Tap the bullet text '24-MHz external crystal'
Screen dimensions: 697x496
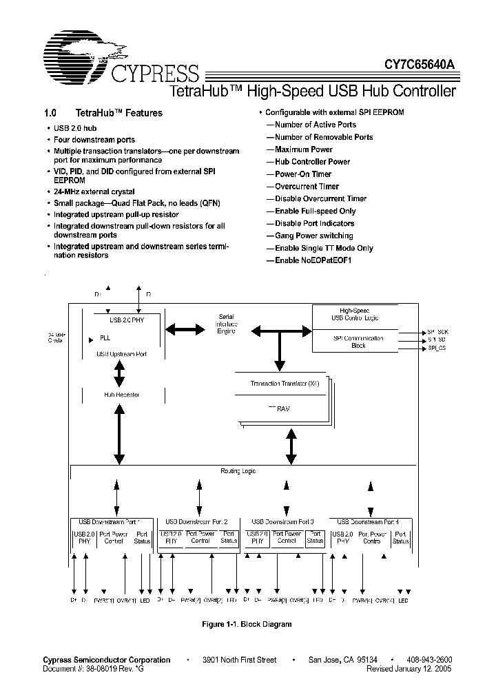[x=94, y=191]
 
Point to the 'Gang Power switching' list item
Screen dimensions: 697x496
[x=314, y=236]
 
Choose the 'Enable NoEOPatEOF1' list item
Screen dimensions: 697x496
[x=313, y=260]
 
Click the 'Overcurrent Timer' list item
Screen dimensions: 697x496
[x=307, y=186]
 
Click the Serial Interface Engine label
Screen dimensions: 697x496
[x=227, y=324]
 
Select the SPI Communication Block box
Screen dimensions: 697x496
[x=358, y=342]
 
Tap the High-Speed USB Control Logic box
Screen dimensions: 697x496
[x=358, y=314]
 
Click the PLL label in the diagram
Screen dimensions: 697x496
[x=105, y=339]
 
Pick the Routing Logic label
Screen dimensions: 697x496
[x=238, y=471]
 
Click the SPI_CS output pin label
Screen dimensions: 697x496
[x=437, y=348]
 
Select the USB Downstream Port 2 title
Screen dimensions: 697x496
[x=200, y=522]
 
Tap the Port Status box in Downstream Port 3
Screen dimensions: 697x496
[x=315, y=537]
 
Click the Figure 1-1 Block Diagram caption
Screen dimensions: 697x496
[x=247, y=624]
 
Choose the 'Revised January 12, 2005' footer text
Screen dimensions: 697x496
[x=409, y=669]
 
